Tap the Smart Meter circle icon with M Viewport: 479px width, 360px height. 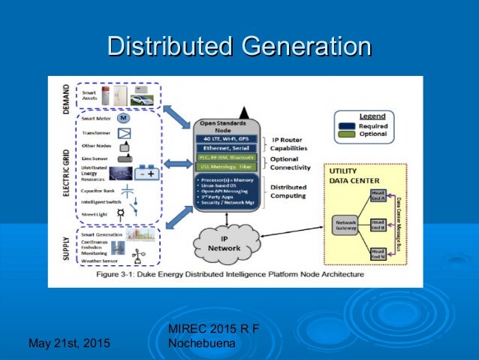(122, 119)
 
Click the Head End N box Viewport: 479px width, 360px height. (378, 254)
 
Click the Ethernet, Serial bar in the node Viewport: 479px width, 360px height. (227, 148)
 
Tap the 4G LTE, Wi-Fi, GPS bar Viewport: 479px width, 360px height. (227, 138)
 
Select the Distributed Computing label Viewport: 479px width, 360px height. (287, 192)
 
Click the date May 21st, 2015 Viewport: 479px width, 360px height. (68, 343)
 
